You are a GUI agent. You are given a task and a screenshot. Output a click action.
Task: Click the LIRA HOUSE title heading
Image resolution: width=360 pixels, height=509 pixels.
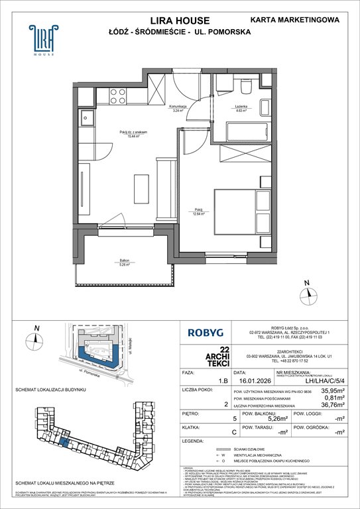point(180,20)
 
